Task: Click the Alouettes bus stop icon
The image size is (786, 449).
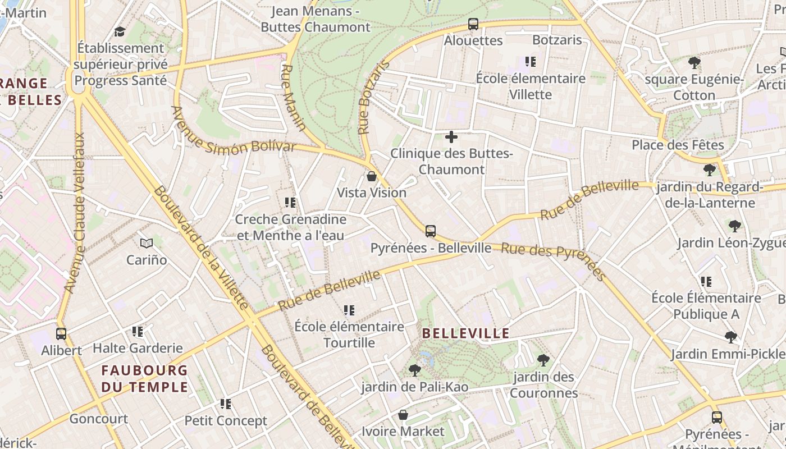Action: (x=473, y=24)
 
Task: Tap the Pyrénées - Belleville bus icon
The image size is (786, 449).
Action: (x=431, y=231)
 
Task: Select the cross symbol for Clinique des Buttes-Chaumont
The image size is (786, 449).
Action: (x=451, y=136)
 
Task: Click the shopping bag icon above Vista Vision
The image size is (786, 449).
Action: (x=371, y=176)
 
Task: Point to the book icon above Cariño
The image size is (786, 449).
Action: (x=147, y=243)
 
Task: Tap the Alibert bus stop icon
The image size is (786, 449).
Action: (x=61, y=333)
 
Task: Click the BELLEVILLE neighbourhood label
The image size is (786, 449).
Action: (x=465, y=333)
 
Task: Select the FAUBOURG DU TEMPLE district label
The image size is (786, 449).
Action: (x=144, y=378)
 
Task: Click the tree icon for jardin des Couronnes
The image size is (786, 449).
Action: (x=543, y=360)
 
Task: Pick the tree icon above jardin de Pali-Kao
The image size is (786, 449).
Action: (x=415, y=370)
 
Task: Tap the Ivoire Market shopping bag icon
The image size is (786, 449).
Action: (x=403, y=415)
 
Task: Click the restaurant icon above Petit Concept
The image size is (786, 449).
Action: (x=226, y=404)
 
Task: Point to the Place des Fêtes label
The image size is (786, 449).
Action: (x=678, y=145)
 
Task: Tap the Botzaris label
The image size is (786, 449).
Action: (x=557, y=40)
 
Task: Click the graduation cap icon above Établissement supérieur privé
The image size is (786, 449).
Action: (x=120, y=31)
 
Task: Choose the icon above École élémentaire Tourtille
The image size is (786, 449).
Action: (x=349, y=310)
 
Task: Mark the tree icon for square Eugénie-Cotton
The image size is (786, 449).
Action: (x=694, y=62)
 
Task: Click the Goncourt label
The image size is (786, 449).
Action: (x=98, y=419)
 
